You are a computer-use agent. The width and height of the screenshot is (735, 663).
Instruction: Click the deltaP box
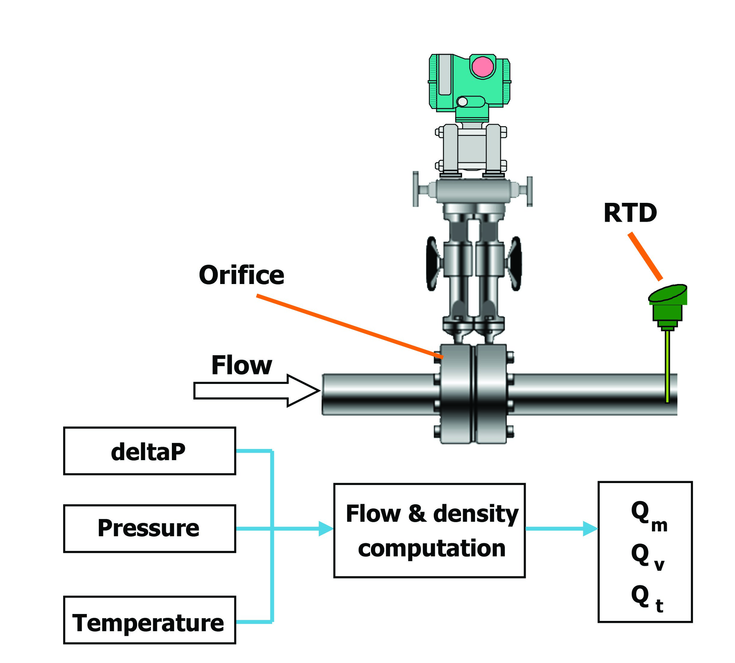(x=149, y=451)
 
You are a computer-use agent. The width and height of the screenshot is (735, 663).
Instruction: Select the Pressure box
(x=149, y=528)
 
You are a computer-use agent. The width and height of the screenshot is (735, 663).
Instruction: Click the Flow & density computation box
(x=429, y=531)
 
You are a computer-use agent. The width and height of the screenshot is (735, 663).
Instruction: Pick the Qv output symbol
(x=647, y=557)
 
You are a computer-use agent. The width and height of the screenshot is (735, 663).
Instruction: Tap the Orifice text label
(x=242, y=275)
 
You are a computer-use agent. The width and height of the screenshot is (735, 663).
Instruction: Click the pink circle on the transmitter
(x=482, y=67)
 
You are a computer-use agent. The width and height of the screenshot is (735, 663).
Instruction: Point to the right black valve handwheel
(x=515, y=263)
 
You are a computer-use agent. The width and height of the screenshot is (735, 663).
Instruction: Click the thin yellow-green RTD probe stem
(x=667, y=367)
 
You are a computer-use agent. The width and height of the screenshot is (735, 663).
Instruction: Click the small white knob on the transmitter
(x=462, y=101)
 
